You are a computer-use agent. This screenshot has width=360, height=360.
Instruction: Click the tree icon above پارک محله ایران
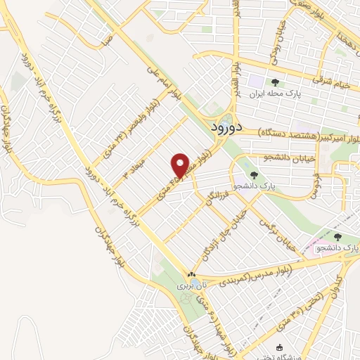[275, 83]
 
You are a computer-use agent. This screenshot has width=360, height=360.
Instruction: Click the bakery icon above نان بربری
[191, 275]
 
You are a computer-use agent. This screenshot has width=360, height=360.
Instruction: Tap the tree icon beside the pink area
[337, 238]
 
